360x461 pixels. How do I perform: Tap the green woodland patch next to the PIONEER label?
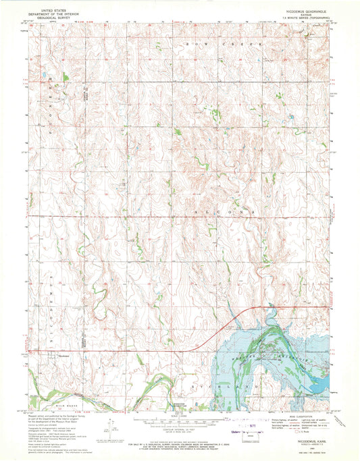point(65,78)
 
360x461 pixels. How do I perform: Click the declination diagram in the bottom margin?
point(110,425)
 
